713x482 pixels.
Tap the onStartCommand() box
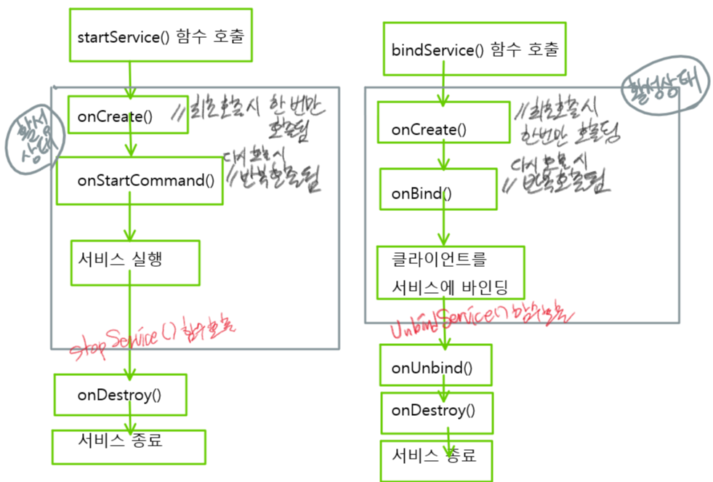(x=140, y=180)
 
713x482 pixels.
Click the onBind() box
(x=438, y=193)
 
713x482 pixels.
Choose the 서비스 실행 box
(x=134, y=262)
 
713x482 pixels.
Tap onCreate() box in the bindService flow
(x=443, y=128)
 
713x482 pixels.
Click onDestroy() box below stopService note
(x=121, y=395)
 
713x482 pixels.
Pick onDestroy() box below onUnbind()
(x=436, y=412)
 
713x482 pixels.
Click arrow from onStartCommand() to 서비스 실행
(x=129, y=222)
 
